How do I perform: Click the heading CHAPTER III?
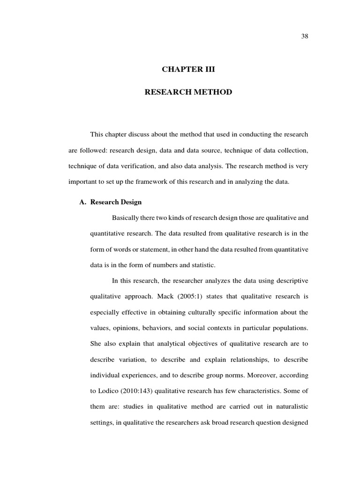188,69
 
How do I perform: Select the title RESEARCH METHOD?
188,92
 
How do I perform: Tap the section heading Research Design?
116,202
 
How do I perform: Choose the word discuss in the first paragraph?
138,135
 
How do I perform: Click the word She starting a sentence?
95,344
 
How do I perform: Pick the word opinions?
122,328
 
